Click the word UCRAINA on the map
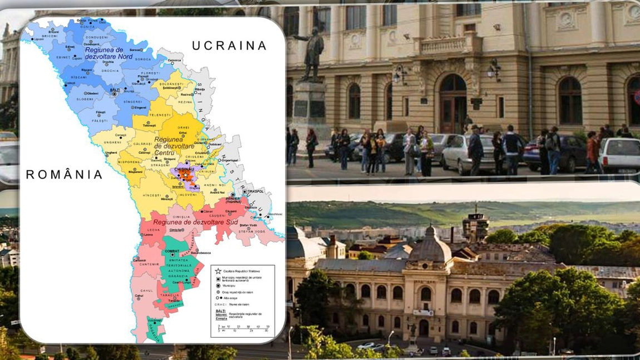[x=229, y=46]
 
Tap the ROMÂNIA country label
[x=64, y=175]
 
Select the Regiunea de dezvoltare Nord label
[x=111, y=53]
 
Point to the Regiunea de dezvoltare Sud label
[x=195, y=222]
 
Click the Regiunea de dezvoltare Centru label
[x=174, y=146]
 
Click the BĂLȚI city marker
[x=114, y=94]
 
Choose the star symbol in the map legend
[x=218, y=271]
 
